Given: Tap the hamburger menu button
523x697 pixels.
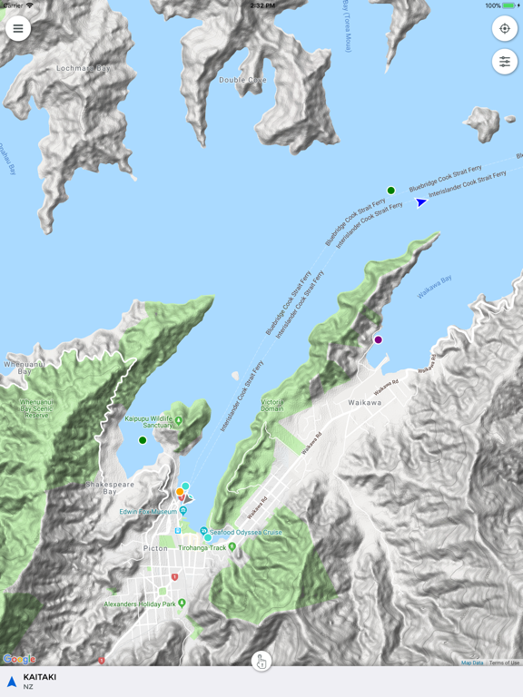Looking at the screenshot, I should (x=18, y=28).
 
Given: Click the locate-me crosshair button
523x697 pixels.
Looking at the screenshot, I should (x=505, y=28).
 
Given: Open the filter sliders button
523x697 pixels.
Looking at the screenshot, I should (x=505, y=62).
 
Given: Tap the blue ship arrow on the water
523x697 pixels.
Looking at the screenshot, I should (x=421, y=202).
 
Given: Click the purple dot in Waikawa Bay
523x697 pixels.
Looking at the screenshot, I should (x=379, y=340).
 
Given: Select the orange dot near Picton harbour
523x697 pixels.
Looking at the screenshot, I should (x=180, y=492).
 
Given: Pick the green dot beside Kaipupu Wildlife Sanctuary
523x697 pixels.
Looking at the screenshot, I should (x=143, y=440).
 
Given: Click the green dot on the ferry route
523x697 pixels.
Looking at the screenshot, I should (x=391, y=191).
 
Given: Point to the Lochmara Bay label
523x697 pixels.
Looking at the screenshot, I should (x=83, y=68).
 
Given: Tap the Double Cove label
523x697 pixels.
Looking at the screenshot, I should (x=243, y=80).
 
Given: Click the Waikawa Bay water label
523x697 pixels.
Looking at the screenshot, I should (x=434, y=288).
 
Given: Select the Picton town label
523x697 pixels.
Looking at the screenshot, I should (x=155, y=549).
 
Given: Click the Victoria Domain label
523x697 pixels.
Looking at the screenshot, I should (x=272, y=405).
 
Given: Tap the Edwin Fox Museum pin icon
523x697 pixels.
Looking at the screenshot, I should (x=178, y=512).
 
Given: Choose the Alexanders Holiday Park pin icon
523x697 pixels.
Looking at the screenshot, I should (x=183, y=604).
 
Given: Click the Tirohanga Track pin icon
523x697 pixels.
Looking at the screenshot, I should (x=232, y=547).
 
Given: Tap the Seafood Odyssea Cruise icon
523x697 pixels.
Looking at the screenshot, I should (x=204, y=532).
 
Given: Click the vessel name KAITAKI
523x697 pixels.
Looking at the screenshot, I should (x=40, y=676).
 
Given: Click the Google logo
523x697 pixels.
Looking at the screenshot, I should (x=19, y=659).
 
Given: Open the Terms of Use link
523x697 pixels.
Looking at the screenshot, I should (x=504, y=663).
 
